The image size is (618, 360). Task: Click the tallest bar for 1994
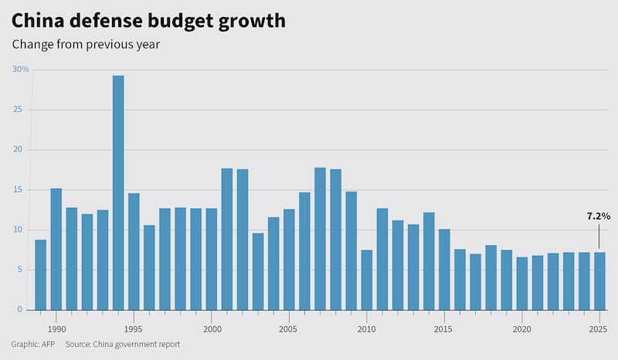(118, 193)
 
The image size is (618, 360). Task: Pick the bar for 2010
(366, 280)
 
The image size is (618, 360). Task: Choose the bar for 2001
(227, 239)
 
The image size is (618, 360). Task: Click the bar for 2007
(320, 239)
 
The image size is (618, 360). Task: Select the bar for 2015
(444, 270)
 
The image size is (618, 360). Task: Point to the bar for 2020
(521, 284)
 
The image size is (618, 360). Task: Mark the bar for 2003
(258, 271)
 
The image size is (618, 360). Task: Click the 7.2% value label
(598, 217)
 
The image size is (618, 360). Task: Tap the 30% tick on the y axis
(21, 70)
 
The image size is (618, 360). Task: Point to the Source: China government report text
(122, 344)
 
